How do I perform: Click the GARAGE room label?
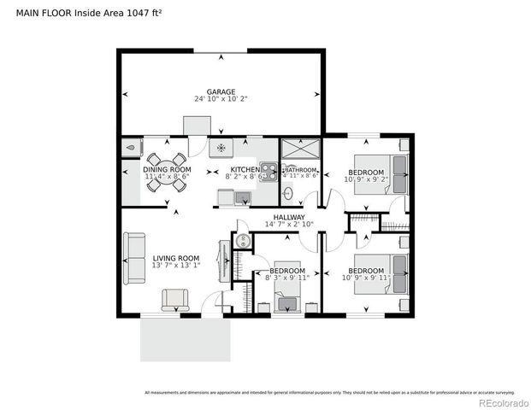(220, 91)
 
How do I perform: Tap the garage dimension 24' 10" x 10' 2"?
(220, 99)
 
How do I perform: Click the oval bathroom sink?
(288, 194)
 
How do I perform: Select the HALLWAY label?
(289, 217)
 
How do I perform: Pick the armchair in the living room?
(175, 299)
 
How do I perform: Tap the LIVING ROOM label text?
(175, 258)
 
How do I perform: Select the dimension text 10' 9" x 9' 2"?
(365, 180)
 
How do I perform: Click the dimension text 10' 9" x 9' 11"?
(365, 278)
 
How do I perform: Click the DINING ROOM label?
(167, 170)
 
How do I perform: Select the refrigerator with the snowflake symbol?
(221, 148)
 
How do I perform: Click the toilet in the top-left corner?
(130, 147)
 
